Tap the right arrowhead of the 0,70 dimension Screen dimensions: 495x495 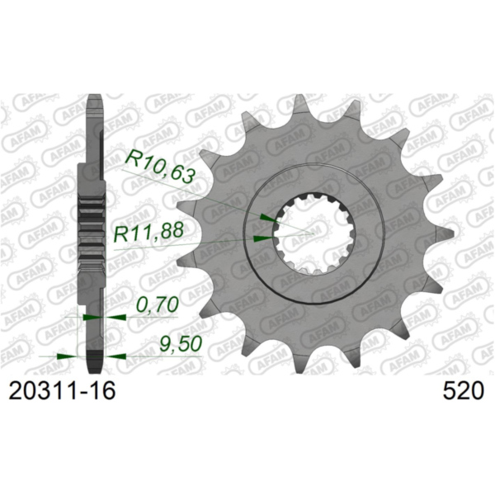coord(115,316)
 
